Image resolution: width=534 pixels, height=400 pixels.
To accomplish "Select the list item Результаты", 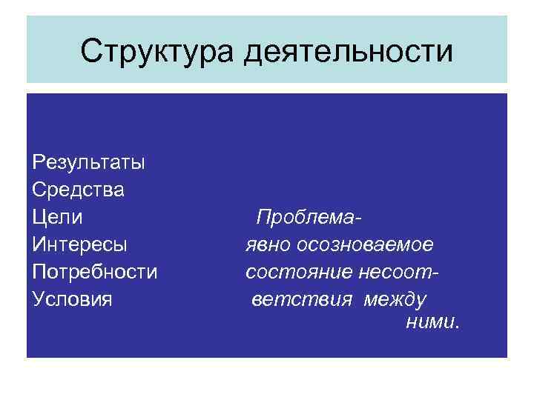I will click(x=88, y=162).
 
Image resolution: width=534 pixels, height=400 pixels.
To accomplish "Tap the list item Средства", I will click(x=79, y=190).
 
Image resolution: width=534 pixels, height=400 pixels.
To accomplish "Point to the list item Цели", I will click(x=58, y=218).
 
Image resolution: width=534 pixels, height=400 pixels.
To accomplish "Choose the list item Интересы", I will click(x=80, y=244).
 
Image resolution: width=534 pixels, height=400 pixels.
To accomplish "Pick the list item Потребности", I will click(x=95, y=272).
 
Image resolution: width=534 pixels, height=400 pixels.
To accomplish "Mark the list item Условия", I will click(x=73, y=299).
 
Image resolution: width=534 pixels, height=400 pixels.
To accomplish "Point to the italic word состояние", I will click(x=290, y=272).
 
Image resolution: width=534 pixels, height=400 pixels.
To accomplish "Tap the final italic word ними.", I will click(x=433, y=323).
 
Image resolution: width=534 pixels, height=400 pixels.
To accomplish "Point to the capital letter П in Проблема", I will click(x=263, y=218).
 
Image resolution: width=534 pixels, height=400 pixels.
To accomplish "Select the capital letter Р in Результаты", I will click(x=39, y=162).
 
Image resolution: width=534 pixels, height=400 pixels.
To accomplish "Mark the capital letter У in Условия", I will click(x=39, y=299).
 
